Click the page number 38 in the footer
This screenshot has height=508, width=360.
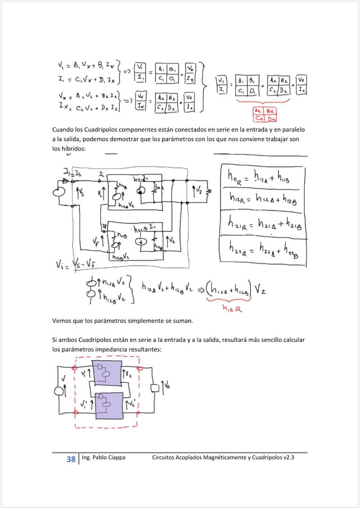pos(71,459)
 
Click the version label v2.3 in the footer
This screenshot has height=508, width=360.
pos(289,458)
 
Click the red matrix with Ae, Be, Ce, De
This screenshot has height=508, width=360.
pos(264,115)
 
